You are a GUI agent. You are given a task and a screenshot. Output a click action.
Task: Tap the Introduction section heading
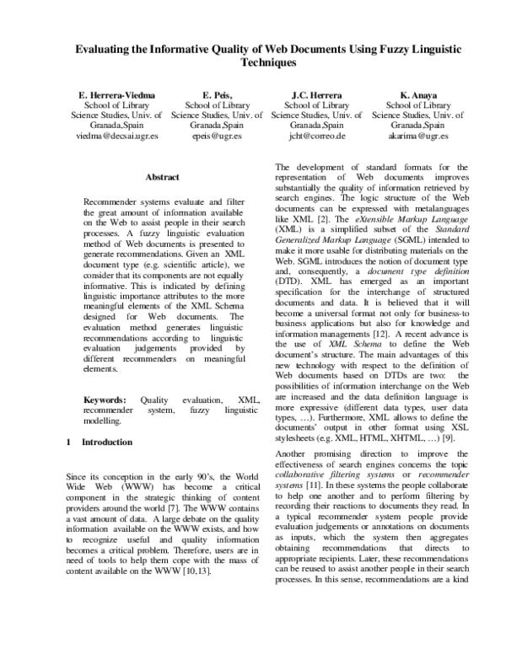click(106, 442)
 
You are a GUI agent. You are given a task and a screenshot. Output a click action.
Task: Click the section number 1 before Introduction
click(67, 442)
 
